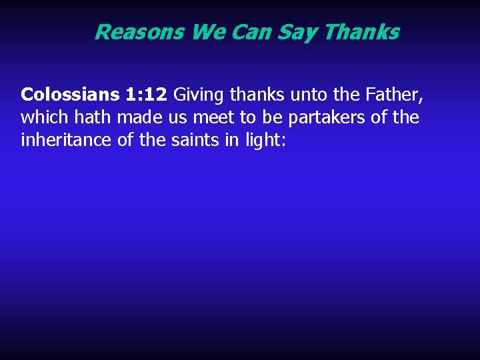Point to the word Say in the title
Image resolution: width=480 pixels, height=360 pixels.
[x=298, y=32]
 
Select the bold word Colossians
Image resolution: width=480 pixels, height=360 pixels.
[x=70, y=95]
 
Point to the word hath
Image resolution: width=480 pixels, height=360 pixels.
[x=91, y=118]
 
